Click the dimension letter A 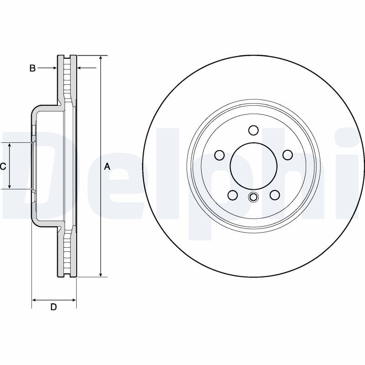point(107,167)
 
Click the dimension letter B point(32,68)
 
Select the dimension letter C point(3,167)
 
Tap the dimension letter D point(53,307)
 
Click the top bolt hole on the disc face point(254,130)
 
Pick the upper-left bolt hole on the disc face point(219,155)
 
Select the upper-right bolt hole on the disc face point(287,155)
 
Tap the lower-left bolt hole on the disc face point(233,195)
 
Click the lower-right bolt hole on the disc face point(275,195)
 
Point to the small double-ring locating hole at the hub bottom point(254,197)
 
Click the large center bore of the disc point(254,167)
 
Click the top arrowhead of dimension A point(101,58)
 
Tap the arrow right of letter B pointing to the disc point(54,68)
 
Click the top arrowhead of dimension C point(10,145)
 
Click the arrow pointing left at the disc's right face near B point(80,68)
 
